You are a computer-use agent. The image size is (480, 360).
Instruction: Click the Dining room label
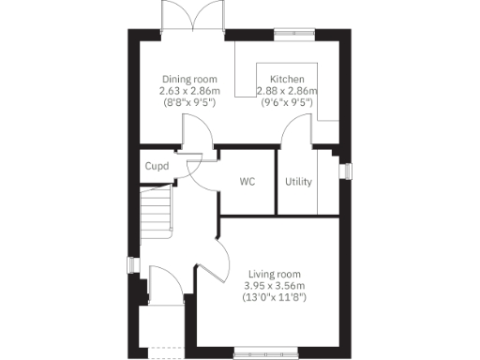(190, 79)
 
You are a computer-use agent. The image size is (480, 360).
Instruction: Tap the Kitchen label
(287, 79)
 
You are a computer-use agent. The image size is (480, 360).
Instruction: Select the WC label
(247, 181)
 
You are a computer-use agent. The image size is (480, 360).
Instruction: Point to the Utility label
(299, 182)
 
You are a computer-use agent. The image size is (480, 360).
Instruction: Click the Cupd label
(156, 167)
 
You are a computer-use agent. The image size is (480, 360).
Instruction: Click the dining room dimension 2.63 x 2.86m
(189, 91)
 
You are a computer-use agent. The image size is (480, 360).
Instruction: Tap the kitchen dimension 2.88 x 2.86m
(288, 91)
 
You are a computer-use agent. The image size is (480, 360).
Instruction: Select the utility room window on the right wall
(345, 172)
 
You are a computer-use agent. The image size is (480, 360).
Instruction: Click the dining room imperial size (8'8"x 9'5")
(189, 103)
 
